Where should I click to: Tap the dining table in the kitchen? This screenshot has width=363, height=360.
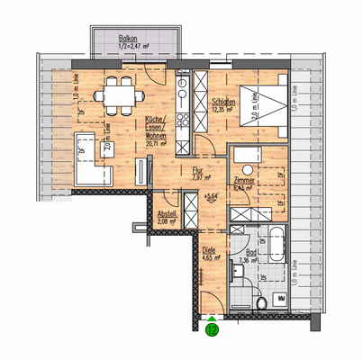(117, 90)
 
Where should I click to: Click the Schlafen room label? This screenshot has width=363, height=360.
(224, 103)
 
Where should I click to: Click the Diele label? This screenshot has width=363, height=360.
(208, 250)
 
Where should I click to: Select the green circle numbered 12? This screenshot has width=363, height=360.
(212, 329)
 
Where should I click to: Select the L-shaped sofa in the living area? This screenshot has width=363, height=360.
(91, 158)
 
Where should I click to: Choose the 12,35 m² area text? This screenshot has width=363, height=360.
(224, 112)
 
